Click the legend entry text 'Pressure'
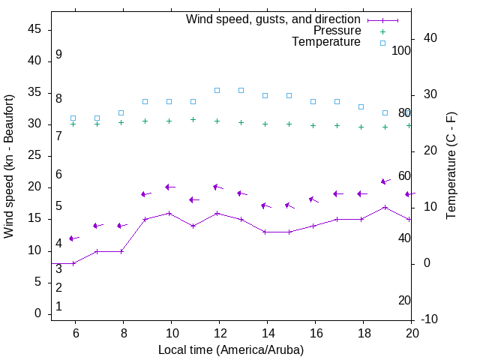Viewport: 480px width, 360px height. pyautogui.click(x=337, y=31)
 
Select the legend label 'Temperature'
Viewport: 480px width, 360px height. pyautogui.click(x=326, y=42)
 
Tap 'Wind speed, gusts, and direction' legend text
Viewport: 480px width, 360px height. pyautogui.click(x=274, y=19)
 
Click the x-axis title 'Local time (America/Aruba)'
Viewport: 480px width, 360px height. pyautogui.click(x=231, y=349)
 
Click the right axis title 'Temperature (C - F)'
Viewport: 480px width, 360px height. pyautogui.click(x=451, y=166)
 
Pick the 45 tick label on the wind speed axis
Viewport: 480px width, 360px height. pyautogui.click(x=35, y=29)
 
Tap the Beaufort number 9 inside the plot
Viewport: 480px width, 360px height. pyautogui.click(x=58, y=55)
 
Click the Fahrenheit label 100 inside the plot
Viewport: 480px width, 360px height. pyautogui.click(x=401, y=50)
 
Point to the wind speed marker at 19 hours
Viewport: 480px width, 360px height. pyautogui.click(x=385, y=207)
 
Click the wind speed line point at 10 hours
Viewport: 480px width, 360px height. pyautogui.click(x=169, y=213)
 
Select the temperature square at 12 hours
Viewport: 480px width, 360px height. pyautogui.click(x=217, y=90)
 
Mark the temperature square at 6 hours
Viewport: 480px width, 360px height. pyautogui.click(x=73, y=118)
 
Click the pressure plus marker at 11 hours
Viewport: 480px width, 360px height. pyautogui.click(x=193, y=119)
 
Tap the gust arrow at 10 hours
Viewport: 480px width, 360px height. pyautogui.click(x=169, y=187)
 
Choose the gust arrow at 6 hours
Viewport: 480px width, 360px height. pyautogui.click(x=73, y=238)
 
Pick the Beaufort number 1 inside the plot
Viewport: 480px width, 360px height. pyautogui.click(x=58, y=307)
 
